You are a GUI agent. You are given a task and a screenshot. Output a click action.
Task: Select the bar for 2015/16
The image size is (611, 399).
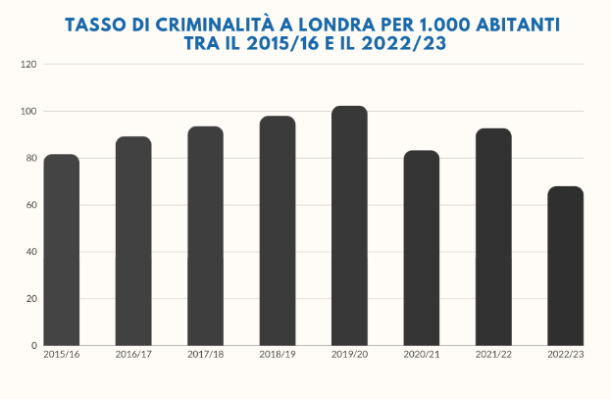pyautogui.click(x=62, y=250)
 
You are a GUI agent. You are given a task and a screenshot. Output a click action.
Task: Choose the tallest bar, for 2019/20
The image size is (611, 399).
pyautogui.click(x=349, y=225)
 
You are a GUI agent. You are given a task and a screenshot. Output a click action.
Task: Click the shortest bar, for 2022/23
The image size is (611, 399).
pyautogui.click(x=565, y=266)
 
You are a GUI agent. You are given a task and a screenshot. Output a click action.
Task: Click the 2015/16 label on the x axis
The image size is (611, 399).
pyautogui.click(x=61, y=354)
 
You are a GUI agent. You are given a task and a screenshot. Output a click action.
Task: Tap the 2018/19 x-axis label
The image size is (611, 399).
pyautogui.click(x=278, y=354)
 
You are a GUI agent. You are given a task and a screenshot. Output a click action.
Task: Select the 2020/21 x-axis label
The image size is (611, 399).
pyautogui.click(x=422, y=354)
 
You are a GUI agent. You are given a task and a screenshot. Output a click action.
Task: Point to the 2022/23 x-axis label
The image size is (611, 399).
pyautogui.click(x=565, y=354)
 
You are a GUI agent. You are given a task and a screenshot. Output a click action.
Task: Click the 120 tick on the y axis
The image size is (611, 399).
pyautogui.click(x=28, y=65)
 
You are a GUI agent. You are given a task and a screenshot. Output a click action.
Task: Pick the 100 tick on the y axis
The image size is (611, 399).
pyautogui.click(x=28, y=112)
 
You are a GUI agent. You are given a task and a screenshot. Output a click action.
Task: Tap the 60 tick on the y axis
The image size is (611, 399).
pyautogui.click(x=30, y=205)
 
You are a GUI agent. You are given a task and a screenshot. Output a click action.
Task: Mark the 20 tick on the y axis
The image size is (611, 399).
pyautogui.click(x=30, y=299)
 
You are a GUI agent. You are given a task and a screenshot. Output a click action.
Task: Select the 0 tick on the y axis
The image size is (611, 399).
pyautogui.click(x=33, y=345)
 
